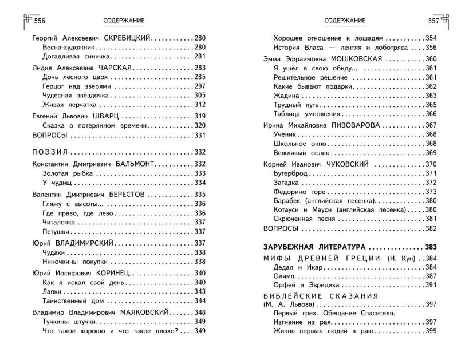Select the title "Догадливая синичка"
coord(71,56)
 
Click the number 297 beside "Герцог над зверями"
coord(199,86)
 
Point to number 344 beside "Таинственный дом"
coord(199,300)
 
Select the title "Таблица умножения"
coord(305,114)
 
